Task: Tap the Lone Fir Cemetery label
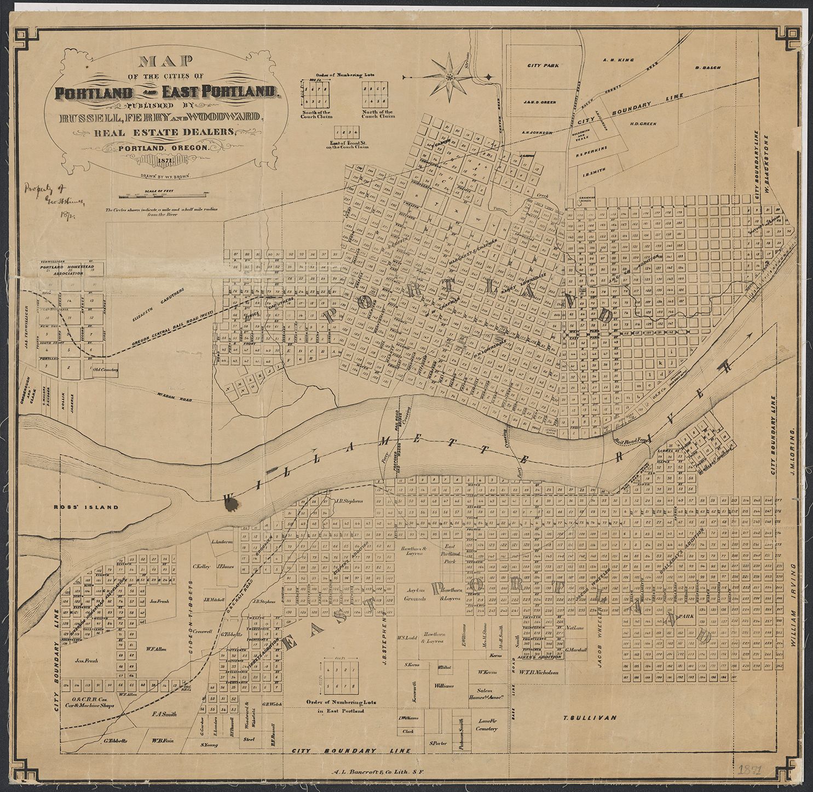click(487, 725)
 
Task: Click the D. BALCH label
click(707, 67)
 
